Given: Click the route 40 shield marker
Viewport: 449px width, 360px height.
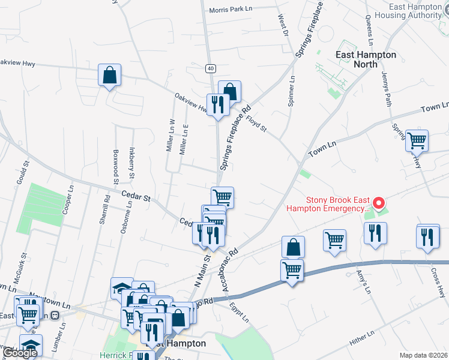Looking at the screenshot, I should tap(209, 68).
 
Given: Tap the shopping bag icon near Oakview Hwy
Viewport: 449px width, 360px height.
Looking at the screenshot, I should tap(109, 76).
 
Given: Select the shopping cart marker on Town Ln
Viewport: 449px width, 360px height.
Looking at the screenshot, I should tap(417, 141).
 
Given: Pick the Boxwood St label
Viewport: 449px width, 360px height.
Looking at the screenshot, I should tap(115, 163).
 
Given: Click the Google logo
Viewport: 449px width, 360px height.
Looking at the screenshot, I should tap(19, 353).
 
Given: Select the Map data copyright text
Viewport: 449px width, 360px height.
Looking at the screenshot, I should tap(423, 355).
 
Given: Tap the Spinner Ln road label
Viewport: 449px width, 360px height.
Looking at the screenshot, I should tap(291, 91).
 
